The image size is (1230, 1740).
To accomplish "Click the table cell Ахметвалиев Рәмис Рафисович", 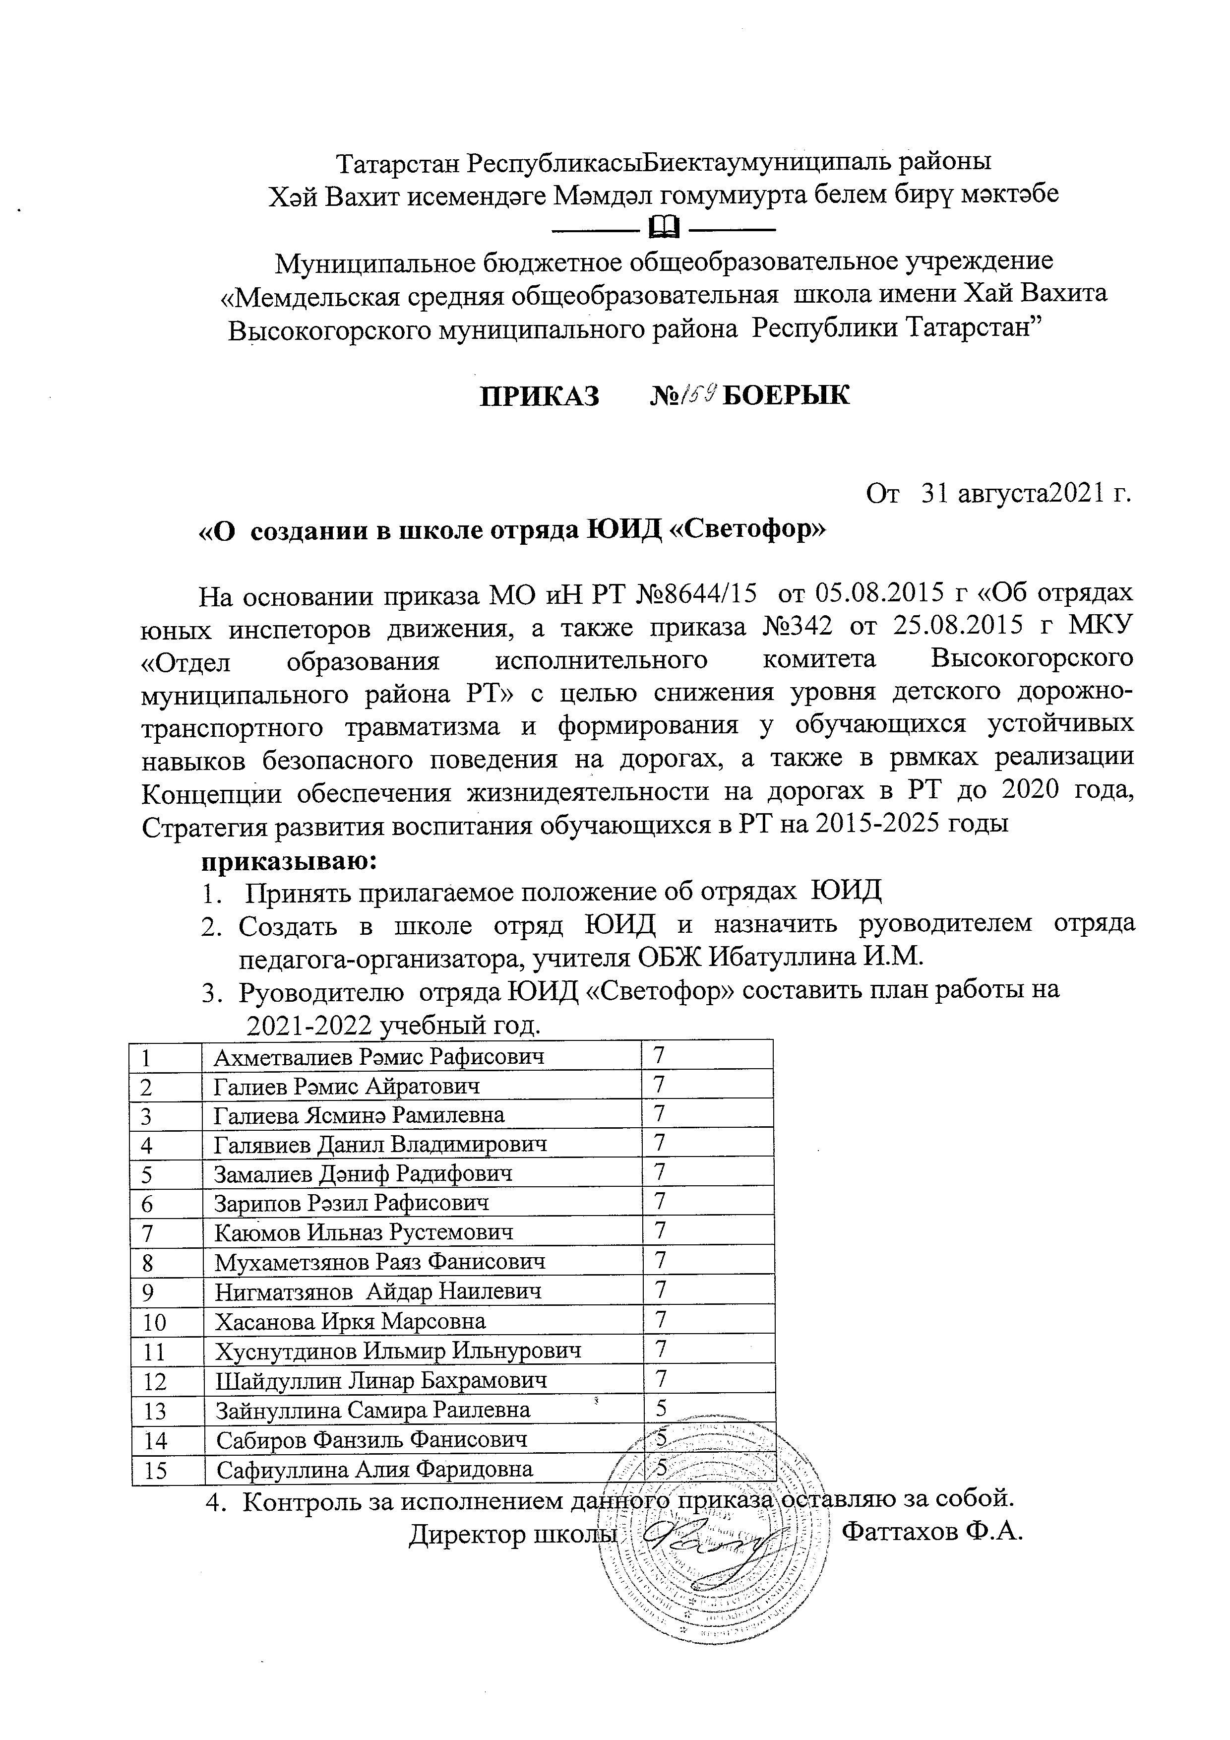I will (379, 1056).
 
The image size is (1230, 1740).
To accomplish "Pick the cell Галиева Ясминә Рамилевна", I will (359, 1115).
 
